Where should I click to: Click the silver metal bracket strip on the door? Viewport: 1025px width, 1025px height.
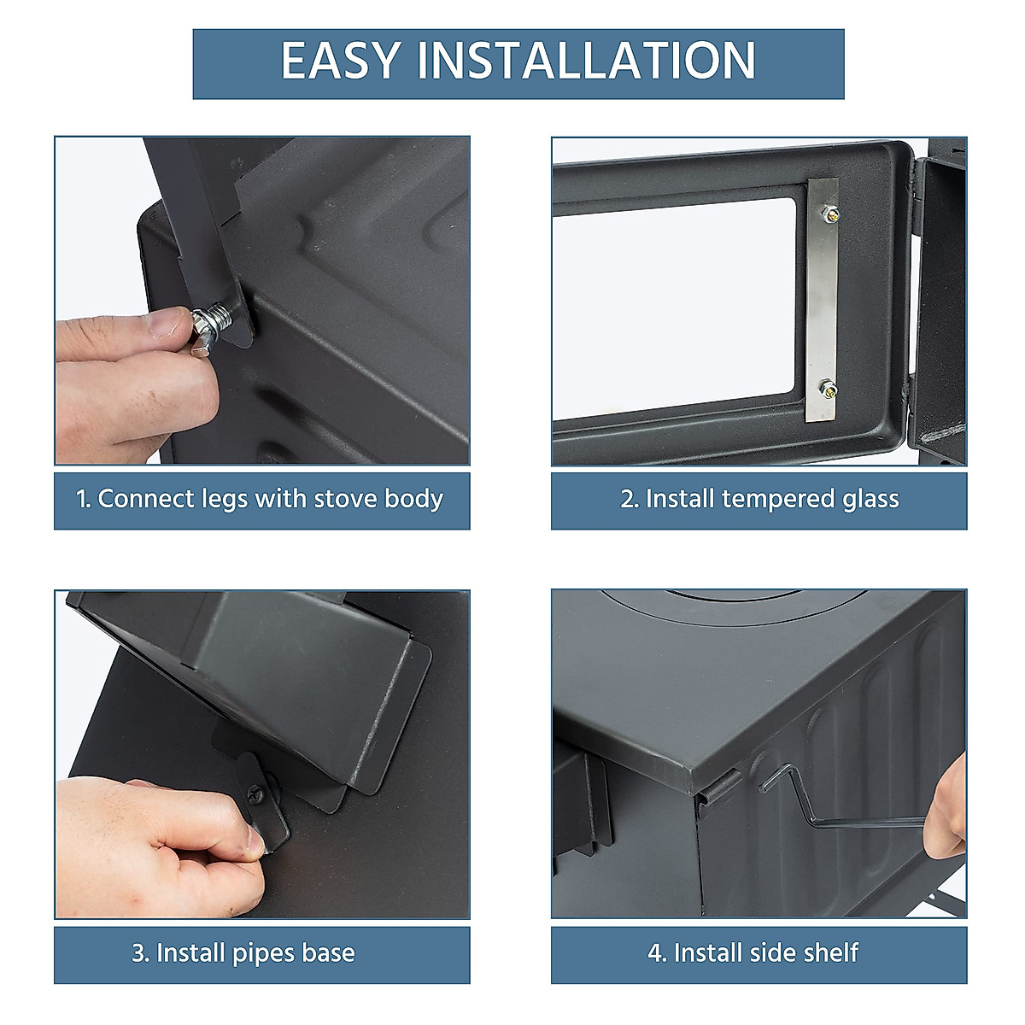click(x=823, y=299)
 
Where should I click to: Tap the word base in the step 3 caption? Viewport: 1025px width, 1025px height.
click(x=327, y=953)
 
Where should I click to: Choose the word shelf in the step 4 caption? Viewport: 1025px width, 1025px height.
click(x=831, y=952)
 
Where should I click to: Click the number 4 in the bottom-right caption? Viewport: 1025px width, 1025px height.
click(x=655, y=952)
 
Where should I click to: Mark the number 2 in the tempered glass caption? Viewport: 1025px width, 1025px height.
click(x=628, y=499)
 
